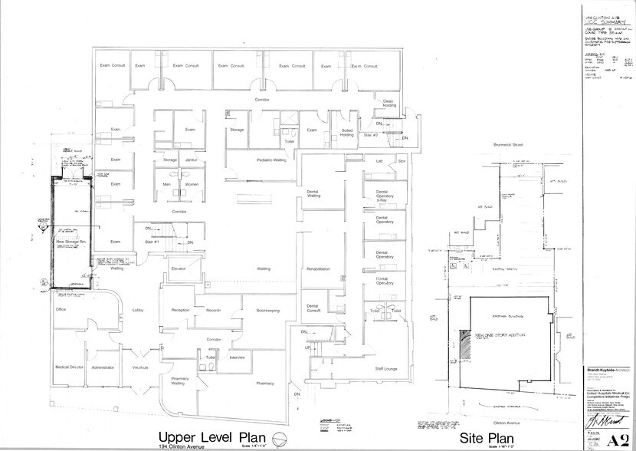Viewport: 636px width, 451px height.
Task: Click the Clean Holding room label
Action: (x=388, y=104)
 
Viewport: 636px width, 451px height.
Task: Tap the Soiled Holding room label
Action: (x=346, y=133)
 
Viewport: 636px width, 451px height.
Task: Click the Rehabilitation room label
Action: (x=317, y=269)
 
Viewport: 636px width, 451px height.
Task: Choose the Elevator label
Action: (x=179, y=268)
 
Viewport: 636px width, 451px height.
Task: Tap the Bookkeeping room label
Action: (x=267, y=310)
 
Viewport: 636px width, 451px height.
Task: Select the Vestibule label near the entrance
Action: (x=139, y=367)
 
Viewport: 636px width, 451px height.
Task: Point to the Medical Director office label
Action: (x=68, y=367)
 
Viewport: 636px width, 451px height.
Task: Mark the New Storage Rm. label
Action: (x=70, y=242)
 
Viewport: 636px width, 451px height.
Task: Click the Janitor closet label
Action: (x=192, y=160)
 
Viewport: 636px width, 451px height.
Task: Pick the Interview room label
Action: (x=237, y=357)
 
